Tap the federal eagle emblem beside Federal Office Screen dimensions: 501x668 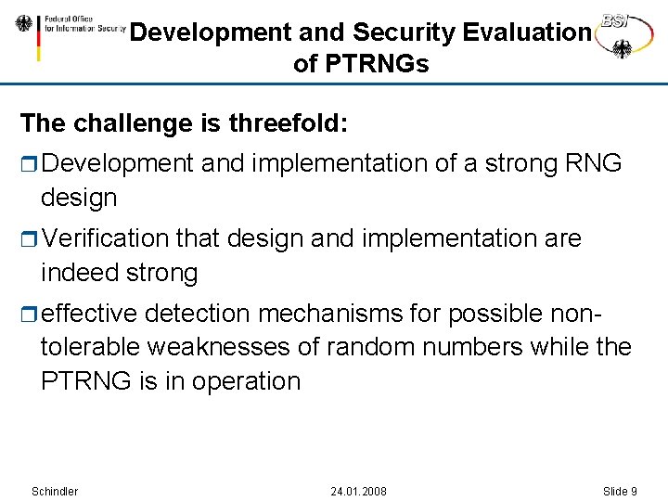point(24,25)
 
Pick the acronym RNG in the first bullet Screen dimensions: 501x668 point(593,163)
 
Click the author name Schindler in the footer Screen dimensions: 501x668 point(55,491)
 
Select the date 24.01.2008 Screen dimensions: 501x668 point(359,491)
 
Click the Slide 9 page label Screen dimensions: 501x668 point(620,491)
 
